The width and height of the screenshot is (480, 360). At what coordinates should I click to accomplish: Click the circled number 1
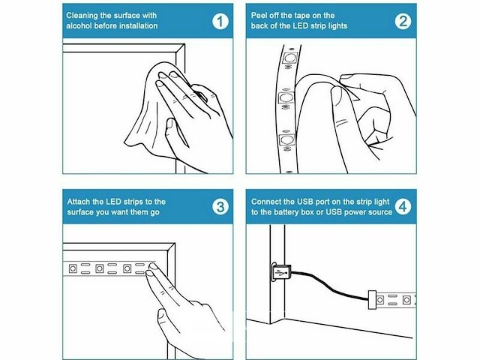pos(220,22)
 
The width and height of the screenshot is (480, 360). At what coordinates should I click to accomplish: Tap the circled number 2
pos(403,22)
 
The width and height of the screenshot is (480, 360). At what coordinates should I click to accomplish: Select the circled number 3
pos(220,207)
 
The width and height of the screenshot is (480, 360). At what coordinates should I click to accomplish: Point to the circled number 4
pos(403,207)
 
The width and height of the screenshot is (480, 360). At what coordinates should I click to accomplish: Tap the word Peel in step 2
pos(258,15)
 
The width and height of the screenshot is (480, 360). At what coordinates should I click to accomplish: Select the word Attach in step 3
pos(78,202)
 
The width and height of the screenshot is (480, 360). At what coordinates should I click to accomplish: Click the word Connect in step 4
pos(266,202)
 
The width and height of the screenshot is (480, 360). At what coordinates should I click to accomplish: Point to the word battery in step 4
pos(286,212)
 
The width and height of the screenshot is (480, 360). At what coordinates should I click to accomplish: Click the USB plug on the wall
pos(280,271)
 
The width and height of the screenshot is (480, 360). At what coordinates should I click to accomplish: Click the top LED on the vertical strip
pos(290,57)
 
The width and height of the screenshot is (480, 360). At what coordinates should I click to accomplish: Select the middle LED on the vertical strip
pos(286,98)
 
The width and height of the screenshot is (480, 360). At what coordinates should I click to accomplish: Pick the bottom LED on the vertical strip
pos(286,139)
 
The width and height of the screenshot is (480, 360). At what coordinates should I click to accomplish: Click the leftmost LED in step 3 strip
pos(73,268)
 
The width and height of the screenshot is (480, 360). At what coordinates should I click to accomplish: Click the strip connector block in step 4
pos(372,299)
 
